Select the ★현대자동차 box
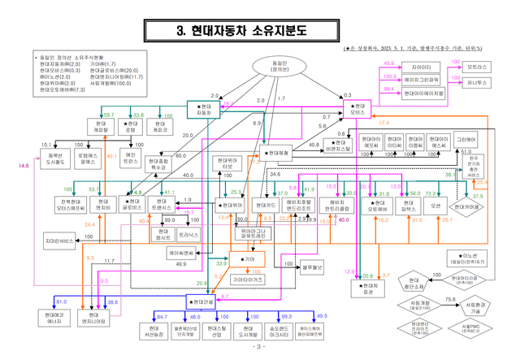[204, 111]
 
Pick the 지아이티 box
[422, 66]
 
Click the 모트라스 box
[479, 66]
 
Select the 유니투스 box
[478, 81]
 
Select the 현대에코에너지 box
[55, 318]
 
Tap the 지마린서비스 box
[61, 241]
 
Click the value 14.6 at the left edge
[24, 166]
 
